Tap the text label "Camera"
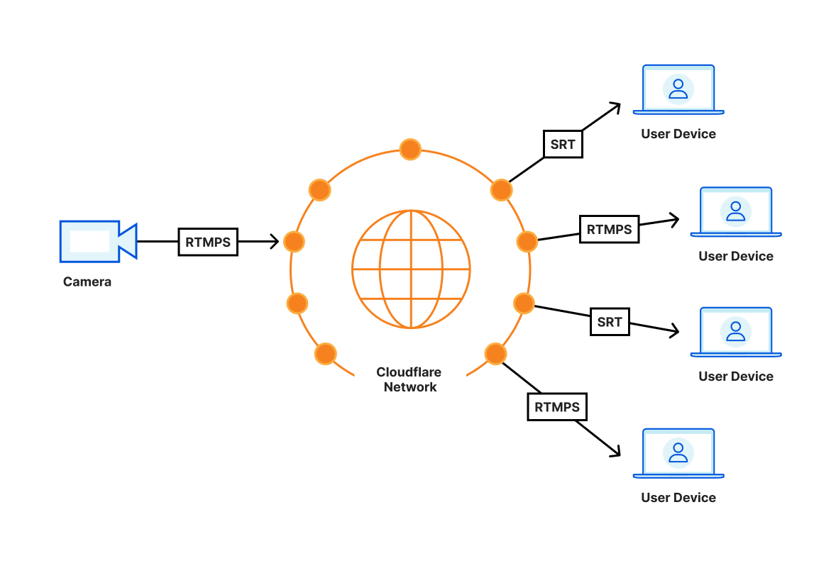tap(87, 282)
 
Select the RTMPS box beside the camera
tap(208, 242)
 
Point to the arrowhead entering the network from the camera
tap(273, 242)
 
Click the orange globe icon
tap(411, 269)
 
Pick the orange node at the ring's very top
tap(410, 150)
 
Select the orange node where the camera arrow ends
tap(294, 242)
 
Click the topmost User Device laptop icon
tap(678, 89)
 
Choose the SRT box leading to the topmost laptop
tap(563, 144)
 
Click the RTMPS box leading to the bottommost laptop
tap(557, 407)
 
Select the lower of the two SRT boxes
tap(610, 322)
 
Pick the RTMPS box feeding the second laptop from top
tap(609, 229)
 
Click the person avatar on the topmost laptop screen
tap(678, 88)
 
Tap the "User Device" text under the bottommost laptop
tap(678, 498)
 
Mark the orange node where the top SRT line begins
tap(501, 190)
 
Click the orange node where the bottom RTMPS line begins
tap(495, 354)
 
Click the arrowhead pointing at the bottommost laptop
tap(615, 451)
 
